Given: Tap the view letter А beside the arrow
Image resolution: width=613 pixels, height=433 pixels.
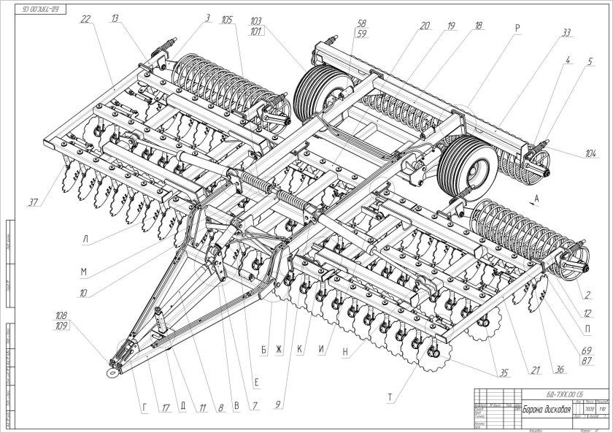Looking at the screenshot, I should pyautogui.click(x=536, y=198).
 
